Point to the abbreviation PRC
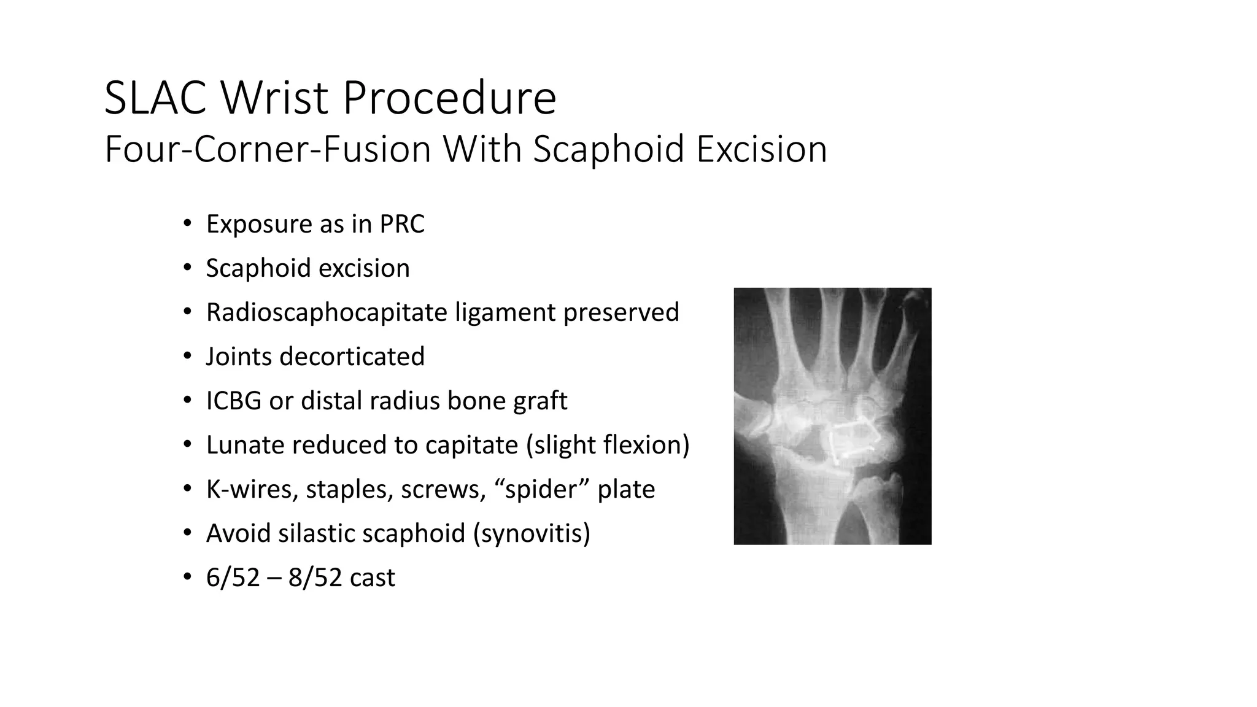(401, 224)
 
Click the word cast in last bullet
(372, 578)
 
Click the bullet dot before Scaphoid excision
(187, 268)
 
